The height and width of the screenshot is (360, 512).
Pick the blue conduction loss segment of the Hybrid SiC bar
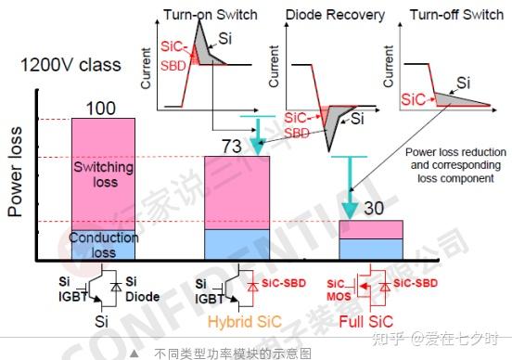(x=237, y=243)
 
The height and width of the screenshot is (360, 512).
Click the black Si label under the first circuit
(x=103, y=319)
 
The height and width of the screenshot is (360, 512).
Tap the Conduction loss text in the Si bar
(x=103, y=243)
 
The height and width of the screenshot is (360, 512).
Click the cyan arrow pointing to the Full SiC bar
(x=349, y=186)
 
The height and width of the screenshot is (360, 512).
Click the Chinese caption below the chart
(x=232, y=353)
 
